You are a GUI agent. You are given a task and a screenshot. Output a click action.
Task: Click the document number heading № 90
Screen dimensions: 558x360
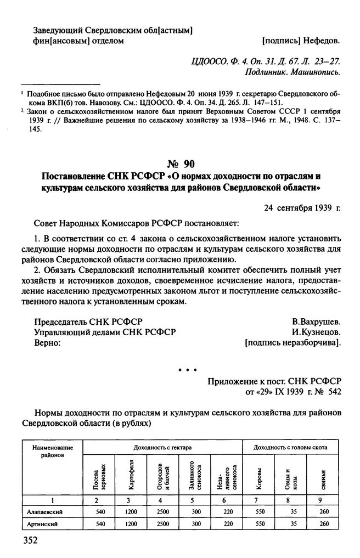180,164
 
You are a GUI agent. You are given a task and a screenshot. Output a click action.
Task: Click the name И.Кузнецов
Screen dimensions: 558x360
317,332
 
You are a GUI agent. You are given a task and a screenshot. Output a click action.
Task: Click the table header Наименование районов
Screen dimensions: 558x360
49,452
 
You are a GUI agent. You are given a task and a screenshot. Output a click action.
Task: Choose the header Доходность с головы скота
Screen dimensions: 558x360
291,448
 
